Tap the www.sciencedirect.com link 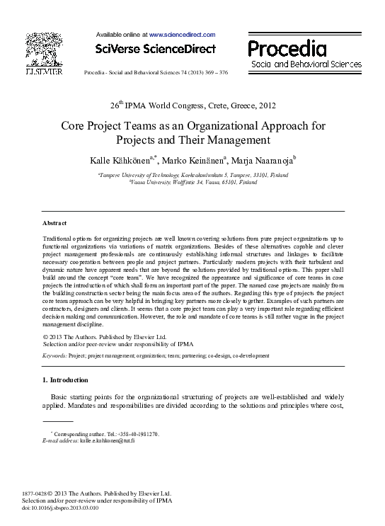tap(182, 34)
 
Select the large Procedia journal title tap(287, 49)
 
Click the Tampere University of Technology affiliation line tap(192, 174)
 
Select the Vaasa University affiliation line tap(192, 182)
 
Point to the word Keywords tap(55, 355)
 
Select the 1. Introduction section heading tap(65, 380)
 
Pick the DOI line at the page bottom tap(61, 508)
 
